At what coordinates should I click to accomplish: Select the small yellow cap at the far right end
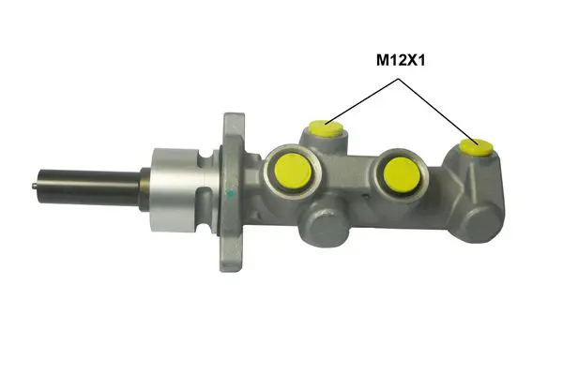pos(479,146)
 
